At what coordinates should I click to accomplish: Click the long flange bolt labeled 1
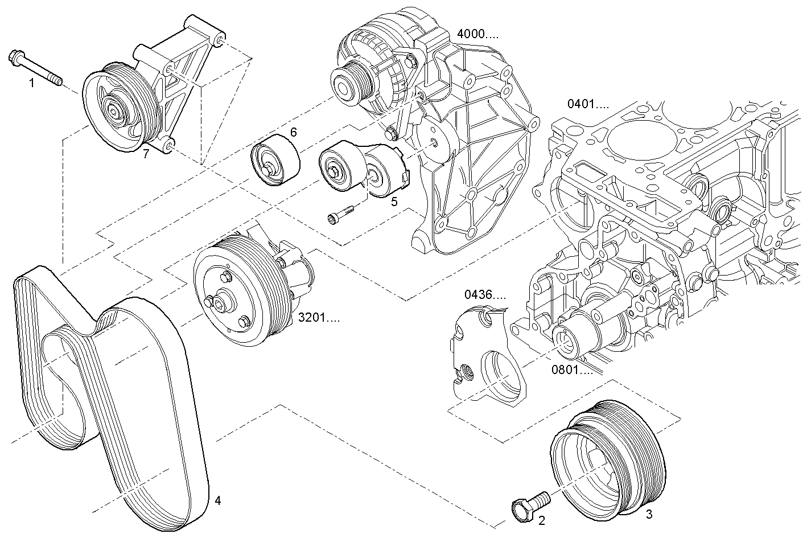pos(35,68)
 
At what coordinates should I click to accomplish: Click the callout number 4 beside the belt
pos(217,501)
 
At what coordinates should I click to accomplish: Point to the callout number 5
pos(394,200)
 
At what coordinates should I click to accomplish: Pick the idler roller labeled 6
pos(275,162)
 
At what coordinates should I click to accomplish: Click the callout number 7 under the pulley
pos(146,154)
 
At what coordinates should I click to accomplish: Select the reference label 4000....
pos(477,34)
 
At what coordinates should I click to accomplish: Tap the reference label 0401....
pos(588,104)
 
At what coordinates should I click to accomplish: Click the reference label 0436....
pos(485,295)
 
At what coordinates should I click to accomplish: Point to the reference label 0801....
pos(571,370)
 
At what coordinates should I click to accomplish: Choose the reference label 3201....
pos(319,318)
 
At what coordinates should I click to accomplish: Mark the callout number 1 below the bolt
pos(32,84)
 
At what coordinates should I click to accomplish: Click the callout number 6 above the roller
pos(294,133)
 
